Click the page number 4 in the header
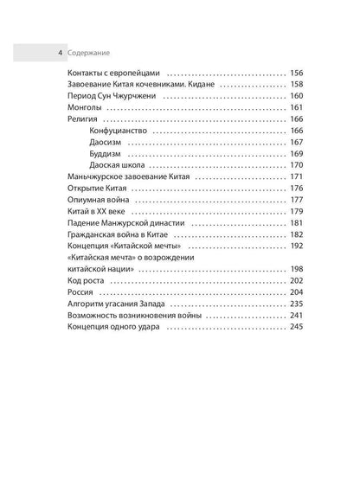coord(59,52)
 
